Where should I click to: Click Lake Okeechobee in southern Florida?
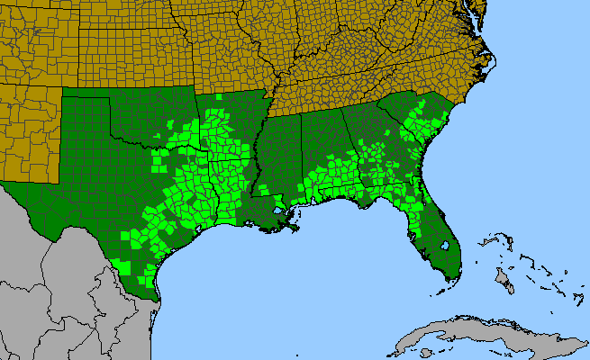click(445, 245)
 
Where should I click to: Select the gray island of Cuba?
click(486, 335)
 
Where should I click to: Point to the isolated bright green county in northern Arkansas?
click(218, 95)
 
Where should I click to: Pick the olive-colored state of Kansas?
click(135, 45)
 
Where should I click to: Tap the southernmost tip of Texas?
click(157, 298)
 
